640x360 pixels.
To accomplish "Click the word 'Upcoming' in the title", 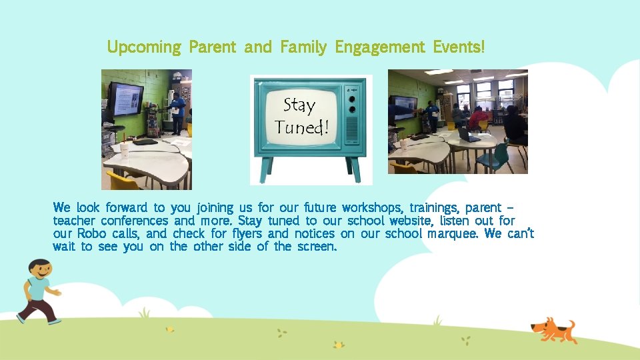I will point(144,47).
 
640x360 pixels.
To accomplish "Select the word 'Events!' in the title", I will point(459,47).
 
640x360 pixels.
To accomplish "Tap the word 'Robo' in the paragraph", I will point(91,233).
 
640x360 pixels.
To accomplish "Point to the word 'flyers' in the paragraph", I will point(247,233).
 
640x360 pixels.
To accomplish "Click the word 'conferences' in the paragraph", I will point(135,220).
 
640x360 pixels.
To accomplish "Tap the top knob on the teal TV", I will point(353,95).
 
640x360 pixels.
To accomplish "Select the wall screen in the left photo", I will point(126,98).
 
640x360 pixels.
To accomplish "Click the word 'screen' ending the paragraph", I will point(315,247).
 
